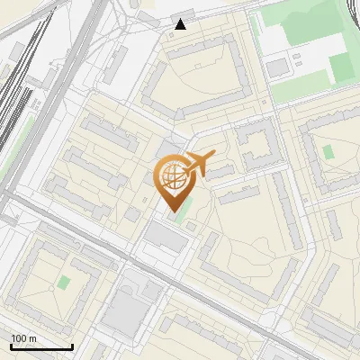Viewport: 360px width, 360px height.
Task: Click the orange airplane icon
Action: click(200, 164)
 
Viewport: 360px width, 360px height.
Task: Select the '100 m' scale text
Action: click(23, 338)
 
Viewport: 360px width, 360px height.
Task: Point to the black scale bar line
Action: click(40, 346)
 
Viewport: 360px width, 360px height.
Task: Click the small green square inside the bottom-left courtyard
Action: click(63, 283)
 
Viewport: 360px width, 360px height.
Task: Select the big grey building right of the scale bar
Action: click(123, 310)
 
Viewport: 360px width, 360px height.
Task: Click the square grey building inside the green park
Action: click(277, 67)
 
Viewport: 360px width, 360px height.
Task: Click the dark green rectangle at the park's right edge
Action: click(339, 65)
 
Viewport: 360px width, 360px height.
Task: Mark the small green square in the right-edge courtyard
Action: click(328, 151)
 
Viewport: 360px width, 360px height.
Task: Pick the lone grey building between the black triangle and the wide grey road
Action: click(118, 63)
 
